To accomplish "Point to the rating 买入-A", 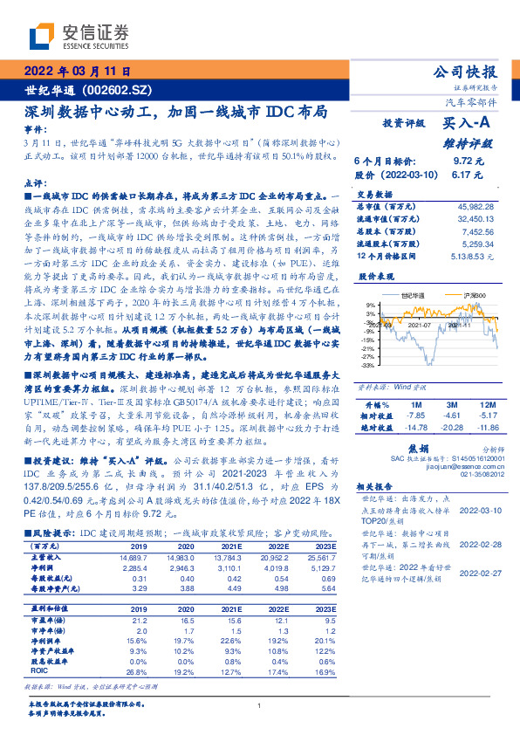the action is pos(468,125).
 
